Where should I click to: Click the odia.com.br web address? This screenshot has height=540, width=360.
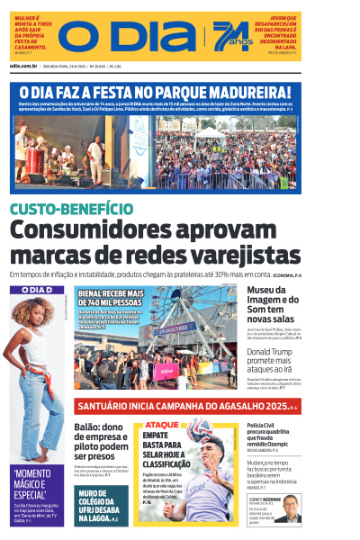(x=24, y=66)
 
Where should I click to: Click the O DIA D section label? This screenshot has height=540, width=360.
(x=37, y=290)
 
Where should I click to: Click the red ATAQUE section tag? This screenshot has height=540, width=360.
(x=162, y=424)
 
